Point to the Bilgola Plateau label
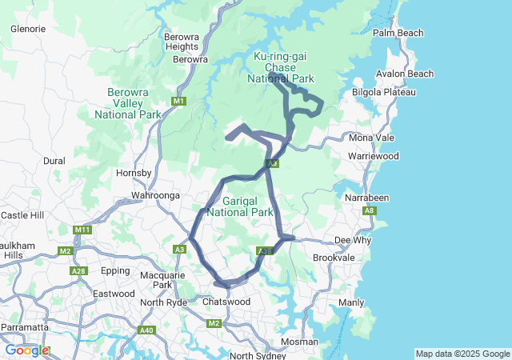click(x=384, y=92)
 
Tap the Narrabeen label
click(x=366, y=197)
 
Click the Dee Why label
click(x=353, y=239)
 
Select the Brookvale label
click(x=334, y=258)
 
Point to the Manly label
click(x=351, y=302)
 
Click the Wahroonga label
click(x=155, y=194)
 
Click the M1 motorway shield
click(x=178, y=102)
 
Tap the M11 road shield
click(x=82, y=230)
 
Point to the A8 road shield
click(x=369, y=211)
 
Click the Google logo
click(x=26, y=350)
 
